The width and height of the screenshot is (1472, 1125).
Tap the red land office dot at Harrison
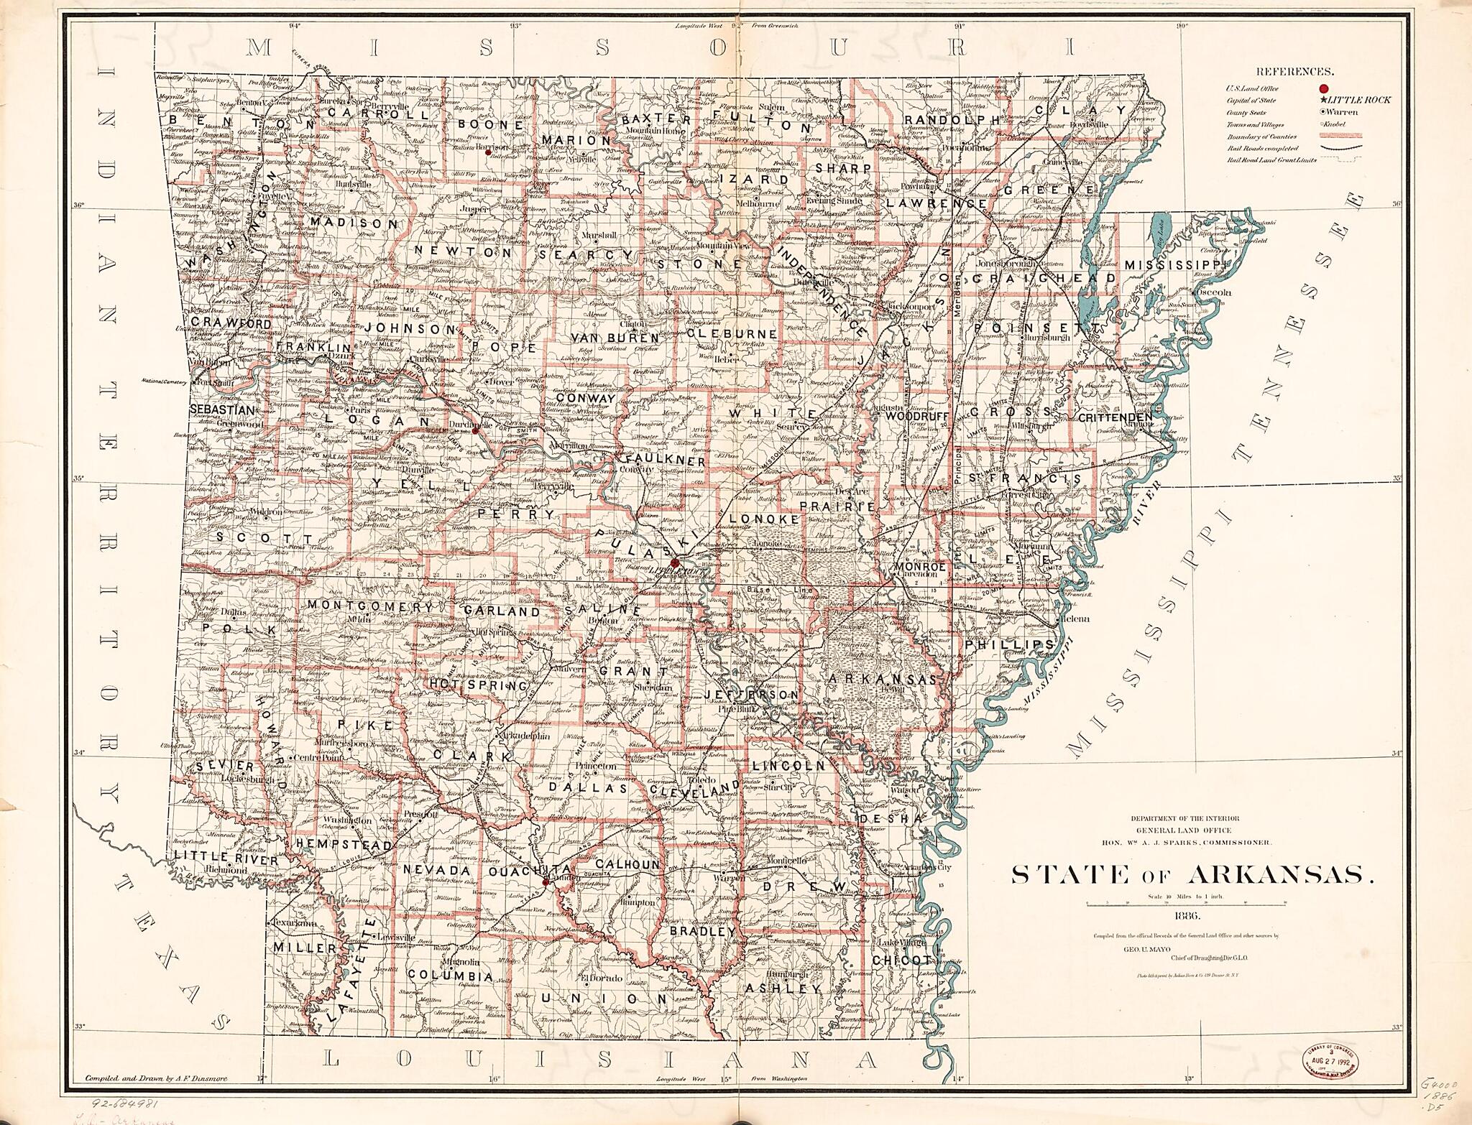(x=488, y=152)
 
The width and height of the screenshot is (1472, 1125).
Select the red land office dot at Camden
(x=546, y=880)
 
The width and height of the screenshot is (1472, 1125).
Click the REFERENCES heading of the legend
(x=1294, y=72)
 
